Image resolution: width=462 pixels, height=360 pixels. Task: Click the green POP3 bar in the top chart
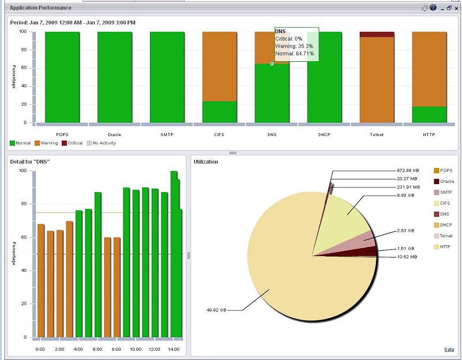click(x=62, y=77)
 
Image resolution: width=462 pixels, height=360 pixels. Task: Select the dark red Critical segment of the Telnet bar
click(x=377, y=35)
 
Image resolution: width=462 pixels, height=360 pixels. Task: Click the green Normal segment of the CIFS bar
click(x=219, y=112)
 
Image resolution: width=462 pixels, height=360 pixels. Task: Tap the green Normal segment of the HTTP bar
click(x=429, y=114)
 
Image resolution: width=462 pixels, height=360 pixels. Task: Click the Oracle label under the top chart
click(x=114, y=134)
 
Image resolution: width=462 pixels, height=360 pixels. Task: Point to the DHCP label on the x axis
click(x=324, y=134)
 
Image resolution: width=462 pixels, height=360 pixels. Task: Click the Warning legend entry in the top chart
click(x=46, y=143)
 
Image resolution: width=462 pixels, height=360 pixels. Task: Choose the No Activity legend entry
click(x=102, y=143)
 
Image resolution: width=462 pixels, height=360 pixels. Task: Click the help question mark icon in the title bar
click(x=433, y=7)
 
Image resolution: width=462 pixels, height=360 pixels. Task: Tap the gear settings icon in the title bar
click(x=424, y=8)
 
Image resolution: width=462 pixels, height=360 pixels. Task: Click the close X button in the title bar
click(x=456, y=8)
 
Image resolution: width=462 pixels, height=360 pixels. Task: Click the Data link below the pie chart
click(x=449, y=350)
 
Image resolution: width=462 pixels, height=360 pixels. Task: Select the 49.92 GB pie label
click(x=216, y=310)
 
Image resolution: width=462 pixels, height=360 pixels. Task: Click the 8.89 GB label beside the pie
click(x=406, y=195)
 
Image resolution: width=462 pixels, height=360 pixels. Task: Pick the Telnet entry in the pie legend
click(x=443, y=236)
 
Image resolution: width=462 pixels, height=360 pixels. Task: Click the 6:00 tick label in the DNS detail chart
click(x=97, y=349)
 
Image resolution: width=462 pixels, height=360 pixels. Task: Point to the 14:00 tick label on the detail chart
click(x=174, y=349)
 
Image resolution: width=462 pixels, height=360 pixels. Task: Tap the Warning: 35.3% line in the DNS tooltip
click(x=294, y=46)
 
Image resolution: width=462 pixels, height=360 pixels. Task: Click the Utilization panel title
click(x=206, y=162)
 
